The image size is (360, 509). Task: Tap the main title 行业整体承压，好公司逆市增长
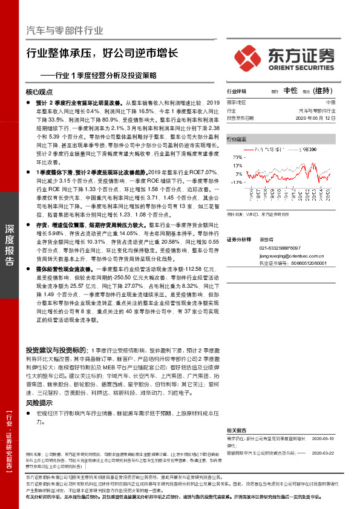pyautogui.click(x=102, y=53)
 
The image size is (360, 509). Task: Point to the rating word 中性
pyautogui.click(x=290, y=91)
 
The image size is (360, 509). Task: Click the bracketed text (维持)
pyautogui.click(x=324, y=91)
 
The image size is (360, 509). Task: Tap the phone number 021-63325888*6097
pyautogui.click(x=280, y=248)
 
